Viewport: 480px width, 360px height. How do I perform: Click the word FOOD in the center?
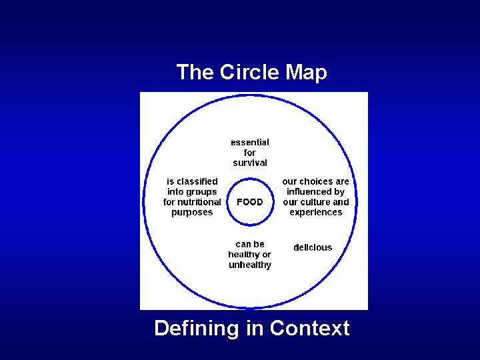tap(250, 202)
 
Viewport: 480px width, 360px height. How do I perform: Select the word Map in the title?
tap(307, 72)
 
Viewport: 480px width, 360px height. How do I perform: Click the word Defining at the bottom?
tap(196, 328)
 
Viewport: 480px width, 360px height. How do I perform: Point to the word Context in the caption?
tap(309, 328)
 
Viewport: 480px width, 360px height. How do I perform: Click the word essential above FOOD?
tap(250, 142)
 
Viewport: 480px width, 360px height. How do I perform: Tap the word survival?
tap(250, 163)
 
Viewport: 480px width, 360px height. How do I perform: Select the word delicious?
tap(313, 247)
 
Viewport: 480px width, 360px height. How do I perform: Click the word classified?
tap(198, 181)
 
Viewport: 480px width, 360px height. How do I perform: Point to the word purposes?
tap(192, 213)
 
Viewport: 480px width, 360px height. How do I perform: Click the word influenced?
tap(316, 191)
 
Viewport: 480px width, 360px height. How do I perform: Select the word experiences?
tap(316, 213)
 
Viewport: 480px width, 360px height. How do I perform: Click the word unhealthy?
tap(250, 265)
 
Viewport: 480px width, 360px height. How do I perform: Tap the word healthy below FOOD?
tap(244, 255)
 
